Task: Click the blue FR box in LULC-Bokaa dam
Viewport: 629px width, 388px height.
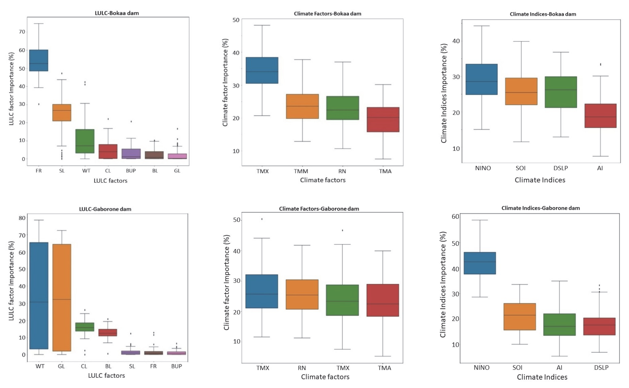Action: click(x=39, y=60)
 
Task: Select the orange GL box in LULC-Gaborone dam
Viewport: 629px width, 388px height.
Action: click(x=62, y=297)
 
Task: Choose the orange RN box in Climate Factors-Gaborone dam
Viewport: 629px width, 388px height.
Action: click(x=302, y=294)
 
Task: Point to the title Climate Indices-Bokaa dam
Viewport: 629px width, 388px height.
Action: click(x=543, y=14)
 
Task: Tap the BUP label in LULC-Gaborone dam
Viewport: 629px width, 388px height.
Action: click(x=177, y=366)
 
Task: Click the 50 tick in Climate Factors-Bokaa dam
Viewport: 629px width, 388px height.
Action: click(x=236, y=20)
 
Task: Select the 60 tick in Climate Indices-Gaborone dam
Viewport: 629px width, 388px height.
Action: click(x=455, y=217)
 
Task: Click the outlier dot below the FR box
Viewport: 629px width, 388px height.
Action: click(x=39, y=104)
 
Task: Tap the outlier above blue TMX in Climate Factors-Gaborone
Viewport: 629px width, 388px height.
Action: click(x=262, y=219)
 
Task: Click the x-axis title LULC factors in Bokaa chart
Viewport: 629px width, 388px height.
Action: click(x=110, y=181)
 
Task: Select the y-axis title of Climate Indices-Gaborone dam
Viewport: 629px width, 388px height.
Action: click(x=443, y=285)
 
